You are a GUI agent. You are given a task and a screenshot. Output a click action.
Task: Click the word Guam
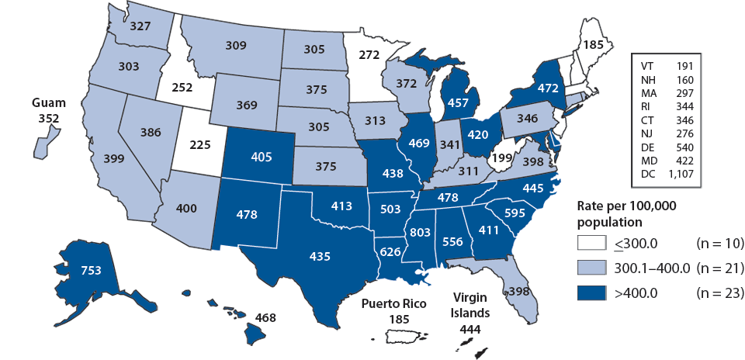[x=48, y=102]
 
